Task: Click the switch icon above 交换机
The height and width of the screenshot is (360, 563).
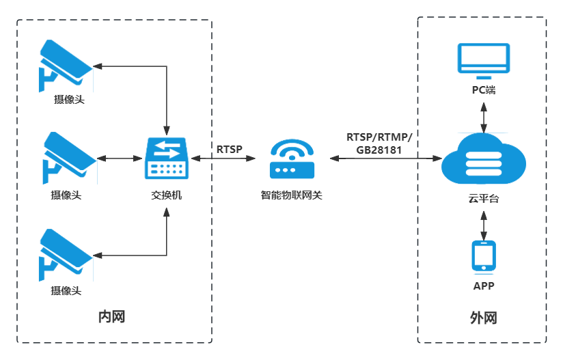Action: coord(167,158)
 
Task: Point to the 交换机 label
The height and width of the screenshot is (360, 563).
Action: coord(167,195)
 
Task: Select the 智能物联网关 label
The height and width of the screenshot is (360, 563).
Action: coord(291,195)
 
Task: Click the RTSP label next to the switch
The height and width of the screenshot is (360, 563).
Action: coord(229,149)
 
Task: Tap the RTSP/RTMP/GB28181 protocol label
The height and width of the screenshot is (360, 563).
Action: coord(380,143)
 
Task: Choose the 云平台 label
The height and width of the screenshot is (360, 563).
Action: coord(484,199)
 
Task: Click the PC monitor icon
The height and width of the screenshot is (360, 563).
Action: coord(484,60)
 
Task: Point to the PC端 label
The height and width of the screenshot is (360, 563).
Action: coord(484,91)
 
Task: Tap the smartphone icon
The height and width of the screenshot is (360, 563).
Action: coord(484,256)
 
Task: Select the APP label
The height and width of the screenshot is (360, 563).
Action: coord(484,286)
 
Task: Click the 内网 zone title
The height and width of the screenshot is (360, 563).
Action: coord(112,317)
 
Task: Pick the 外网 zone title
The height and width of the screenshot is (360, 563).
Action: coord(483,318)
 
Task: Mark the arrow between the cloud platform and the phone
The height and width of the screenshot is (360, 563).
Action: coord(484,224)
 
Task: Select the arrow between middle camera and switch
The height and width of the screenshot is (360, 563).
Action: coord(120,158)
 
